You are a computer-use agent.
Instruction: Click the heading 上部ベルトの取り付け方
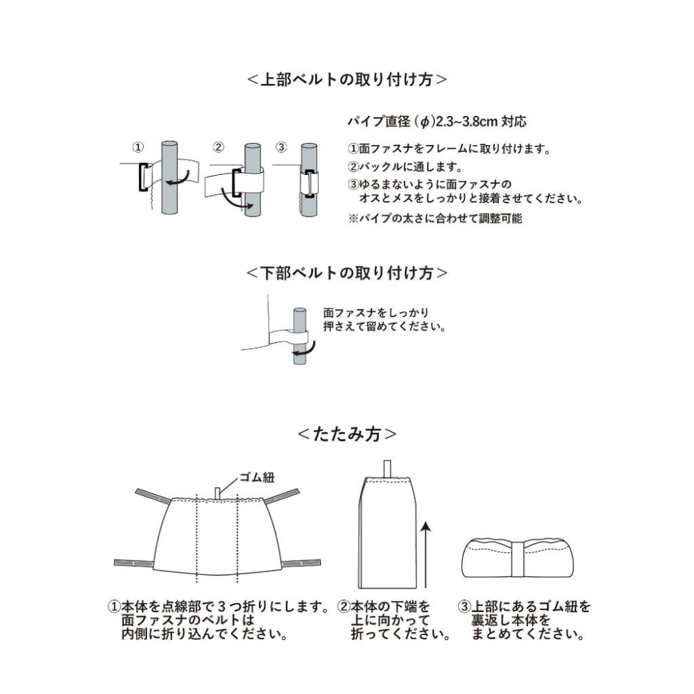(x=346, y=79)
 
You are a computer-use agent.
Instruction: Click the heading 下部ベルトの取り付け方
(x=346, y=272)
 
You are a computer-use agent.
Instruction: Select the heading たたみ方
(x=346, y=434)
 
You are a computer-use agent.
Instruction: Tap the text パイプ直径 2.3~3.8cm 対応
(x=437, y=121)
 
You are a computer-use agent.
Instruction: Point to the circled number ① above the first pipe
(x=138, y=147)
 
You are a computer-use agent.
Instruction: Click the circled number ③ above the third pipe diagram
(x=280, y=147)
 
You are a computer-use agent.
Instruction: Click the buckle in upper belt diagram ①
(x=143, y=177)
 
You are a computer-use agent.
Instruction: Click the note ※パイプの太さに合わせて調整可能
(x=434, y=219)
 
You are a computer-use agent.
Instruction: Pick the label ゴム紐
(x=257, y=477)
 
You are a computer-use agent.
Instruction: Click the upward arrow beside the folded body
(x=426, y=548)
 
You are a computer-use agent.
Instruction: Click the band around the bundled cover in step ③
(x=517, y=558)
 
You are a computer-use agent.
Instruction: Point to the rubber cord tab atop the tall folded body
(x=387, y=468)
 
